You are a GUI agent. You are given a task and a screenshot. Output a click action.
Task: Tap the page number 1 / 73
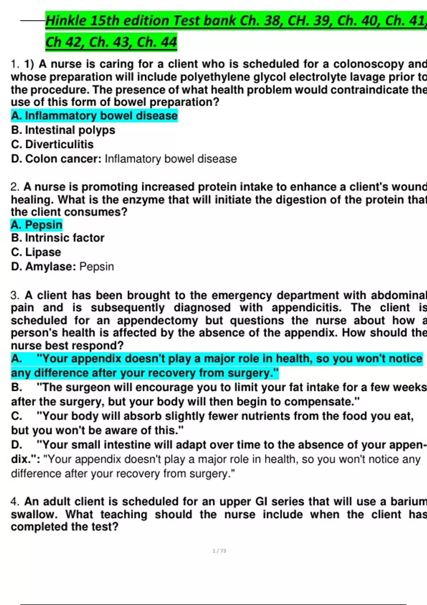click(219, 551)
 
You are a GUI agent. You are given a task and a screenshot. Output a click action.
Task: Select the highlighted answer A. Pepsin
click(37, 225)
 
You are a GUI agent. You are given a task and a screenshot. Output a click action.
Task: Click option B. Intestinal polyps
click(63, 130)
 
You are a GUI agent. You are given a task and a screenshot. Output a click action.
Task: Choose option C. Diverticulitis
click(52, 144)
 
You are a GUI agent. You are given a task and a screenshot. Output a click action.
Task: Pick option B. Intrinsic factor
click(58, 238)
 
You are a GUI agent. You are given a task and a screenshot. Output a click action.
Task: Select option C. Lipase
click(36, 252)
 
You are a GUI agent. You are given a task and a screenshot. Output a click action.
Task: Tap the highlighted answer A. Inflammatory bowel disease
click(94, 116)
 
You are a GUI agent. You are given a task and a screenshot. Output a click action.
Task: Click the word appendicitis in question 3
click(306, 308)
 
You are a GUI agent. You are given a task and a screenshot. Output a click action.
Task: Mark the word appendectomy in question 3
click(157, 321)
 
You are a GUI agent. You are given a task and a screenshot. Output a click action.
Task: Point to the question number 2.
click(15, 187)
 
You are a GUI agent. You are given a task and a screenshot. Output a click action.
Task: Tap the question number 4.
click(15, 502)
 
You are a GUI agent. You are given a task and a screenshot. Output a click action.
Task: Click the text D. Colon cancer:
click(56, 159)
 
